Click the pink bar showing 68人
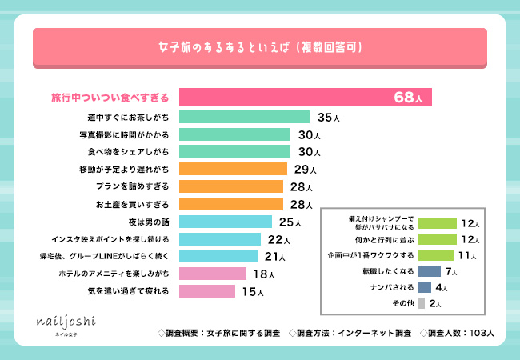[x=305, y=98]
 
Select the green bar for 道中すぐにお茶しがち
[x=244, y=117]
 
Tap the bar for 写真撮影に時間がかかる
[x=234, y=134]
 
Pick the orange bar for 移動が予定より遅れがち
[x=233, y=169]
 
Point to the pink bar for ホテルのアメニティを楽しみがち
[x=212, y=274]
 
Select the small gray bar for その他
[x=422, y=303]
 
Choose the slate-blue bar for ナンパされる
[x=425, y=286]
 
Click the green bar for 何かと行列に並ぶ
[x=437, y=239]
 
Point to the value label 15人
[x=254, y=291]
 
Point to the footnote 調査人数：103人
[x=460, y=331]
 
